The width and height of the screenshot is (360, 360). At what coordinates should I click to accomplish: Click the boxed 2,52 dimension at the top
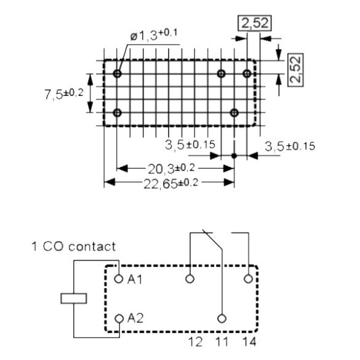(255, 23)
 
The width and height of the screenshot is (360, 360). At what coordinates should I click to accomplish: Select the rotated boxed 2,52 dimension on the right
(295, 70)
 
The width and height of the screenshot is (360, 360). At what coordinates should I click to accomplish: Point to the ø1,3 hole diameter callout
(154, 35)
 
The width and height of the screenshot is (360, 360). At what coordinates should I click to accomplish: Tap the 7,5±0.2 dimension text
(64, 94)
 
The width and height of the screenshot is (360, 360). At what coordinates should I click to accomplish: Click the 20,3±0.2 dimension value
(171, 169)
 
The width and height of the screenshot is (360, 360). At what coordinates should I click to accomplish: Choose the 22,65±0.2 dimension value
(171, 183)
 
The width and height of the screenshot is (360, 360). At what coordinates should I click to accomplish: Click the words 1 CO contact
(73, 247)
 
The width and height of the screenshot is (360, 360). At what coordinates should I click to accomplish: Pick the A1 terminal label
(135, 279)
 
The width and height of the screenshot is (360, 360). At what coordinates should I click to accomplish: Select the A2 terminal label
(135, 318)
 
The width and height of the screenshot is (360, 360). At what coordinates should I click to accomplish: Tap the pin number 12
(195, 342)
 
